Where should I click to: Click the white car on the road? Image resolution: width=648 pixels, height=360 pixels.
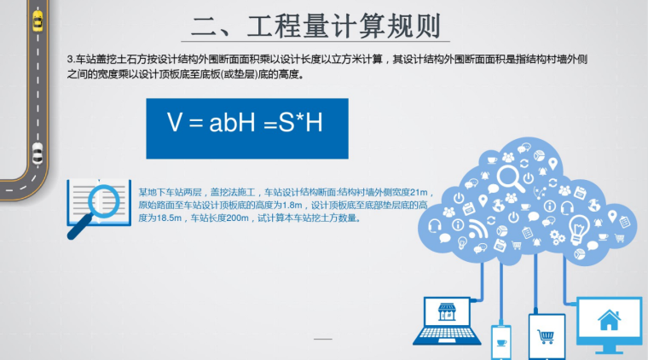[x=37, y=154]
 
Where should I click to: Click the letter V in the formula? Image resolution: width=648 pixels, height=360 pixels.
[x=175, y=124]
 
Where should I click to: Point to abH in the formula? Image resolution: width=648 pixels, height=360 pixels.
[x=228, y=124]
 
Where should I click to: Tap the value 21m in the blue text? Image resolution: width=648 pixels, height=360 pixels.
[x=423, y=193]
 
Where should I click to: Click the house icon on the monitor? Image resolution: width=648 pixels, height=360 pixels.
[x=609, y=321]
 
